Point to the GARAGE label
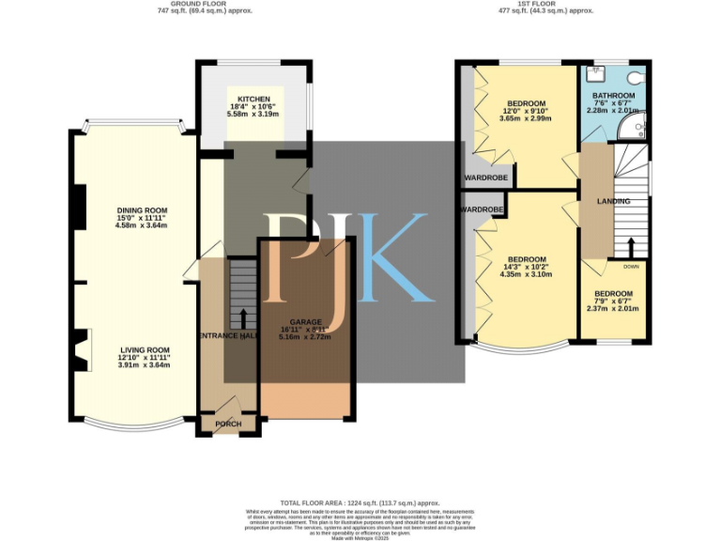(x=306, y=321)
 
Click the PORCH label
(x=227, y=424)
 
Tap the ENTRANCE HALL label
(x=226, y=335)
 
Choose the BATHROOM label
(x=612, y=96)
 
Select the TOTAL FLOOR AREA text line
(x=360, y=502)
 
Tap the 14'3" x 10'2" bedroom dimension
(x=527, y=267)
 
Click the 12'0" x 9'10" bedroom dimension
(x=527, y=112)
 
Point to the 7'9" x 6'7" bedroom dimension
(x=612, y=301)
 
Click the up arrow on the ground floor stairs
(x=244, y=319)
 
